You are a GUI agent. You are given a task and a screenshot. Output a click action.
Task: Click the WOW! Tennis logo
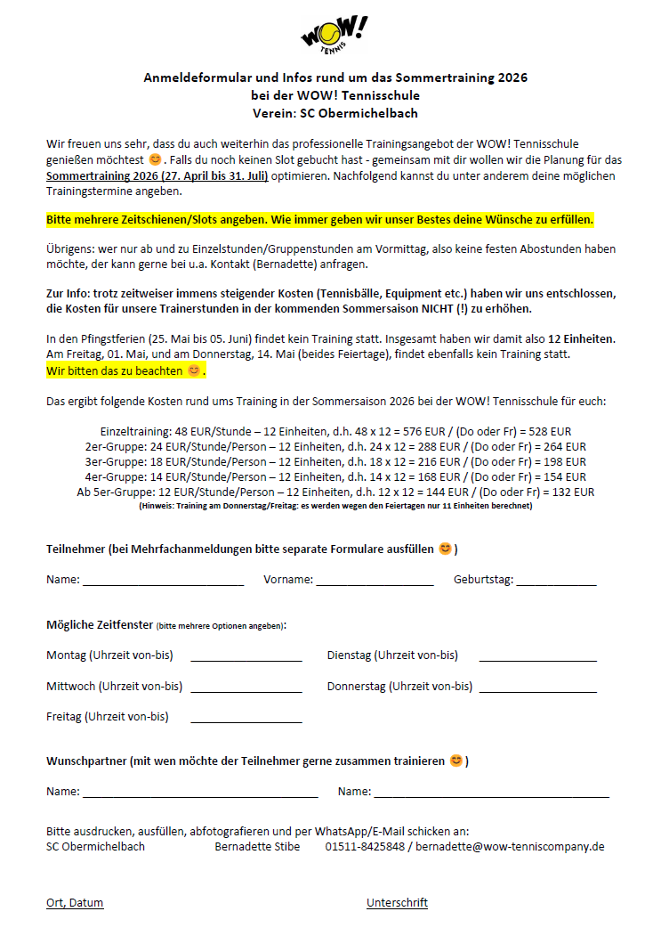[x=334, y=35]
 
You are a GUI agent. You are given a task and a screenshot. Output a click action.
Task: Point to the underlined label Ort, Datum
[x=75, y=902]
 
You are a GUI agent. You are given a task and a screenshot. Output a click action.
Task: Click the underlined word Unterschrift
[x=397, y=902]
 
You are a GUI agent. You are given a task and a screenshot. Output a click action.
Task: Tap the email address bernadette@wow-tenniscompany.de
[x=510, y=846]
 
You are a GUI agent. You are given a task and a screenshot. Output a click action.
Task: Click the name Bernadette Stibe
[x=257, y=846]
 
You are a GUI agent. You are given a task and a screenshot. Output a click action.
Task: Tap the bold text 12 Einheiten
[x=582, y=339]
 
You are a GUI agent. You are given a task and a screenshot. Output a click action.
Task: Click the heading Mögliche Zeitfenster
[x=99, y=625]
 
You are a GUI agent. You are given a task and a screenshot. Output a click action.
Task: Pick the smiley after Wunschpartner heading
[x=456, y=761]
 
